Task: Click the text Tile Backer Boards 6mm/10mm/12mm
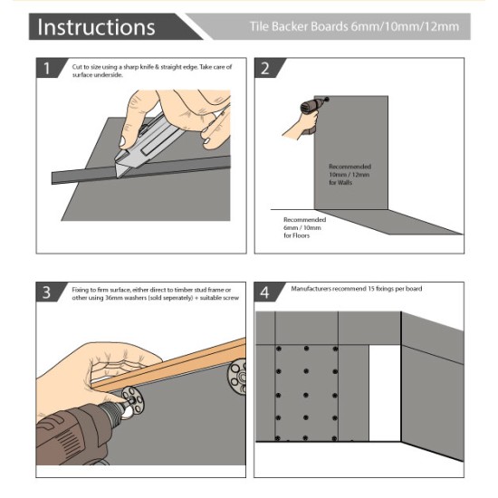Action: [x=353, y=26]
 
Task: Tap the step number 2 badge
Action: [x=265, y=69]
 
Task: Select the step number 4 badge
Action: [x=265, y=293]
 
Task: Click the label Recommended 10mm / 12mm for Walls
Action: [x=350, y=175]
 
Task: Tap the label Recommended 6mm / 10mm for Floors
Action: [x=303, y=227]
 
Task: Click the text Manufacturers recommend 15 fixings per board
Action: [x=357, y=288]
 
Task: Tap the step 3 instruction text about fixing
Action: [x=154, y=292]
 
